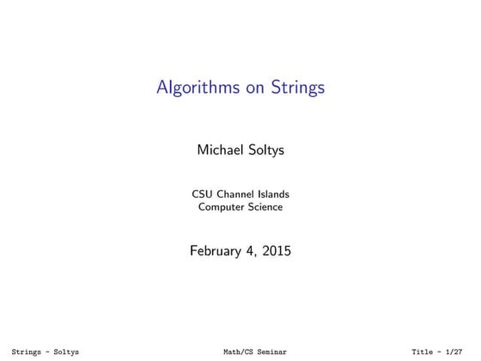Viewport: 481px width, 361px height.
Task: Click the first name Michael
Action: (x=220, y=150)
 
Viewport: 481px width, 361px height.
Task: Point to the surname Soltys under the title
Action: (x=268, y=150)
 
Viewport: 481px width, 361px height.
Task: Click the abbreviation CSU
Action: (x=203, y=193)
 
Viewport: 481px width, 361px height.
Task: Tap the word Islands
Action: (x=276, y=193)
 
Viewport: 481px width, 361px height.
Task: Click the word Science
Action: (x=265, y=206)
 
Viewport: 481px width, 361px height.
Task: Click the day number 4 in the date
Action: (x=256, y=252)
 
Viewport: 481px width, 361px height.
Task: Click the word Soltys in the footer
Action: (x=65, y=352)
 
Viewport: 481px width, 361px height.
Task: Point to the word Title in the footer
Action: (x=423, y=352)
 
